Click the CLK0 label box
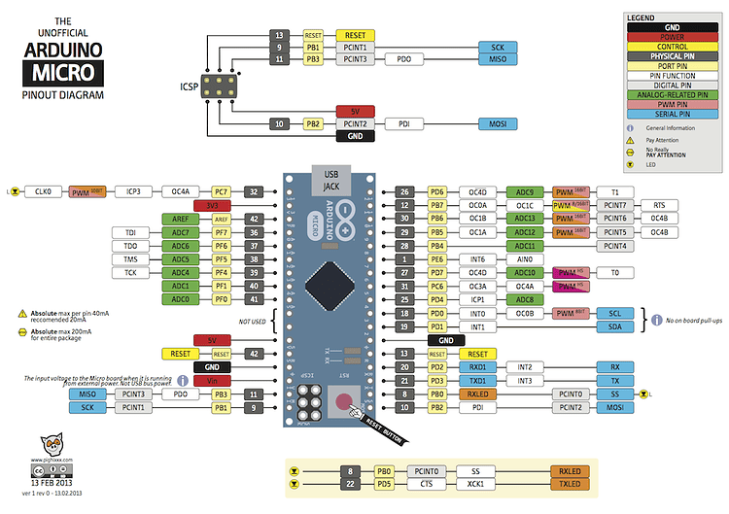pos(42,192)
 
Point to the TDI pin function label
pos(129,233)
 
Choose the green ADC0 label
pos(180,300)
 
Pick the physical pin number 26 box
pos(404,192)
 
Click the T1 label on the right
pos(614,192)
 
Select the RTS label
pos(659,206)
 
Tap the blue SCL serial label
pos(614,314)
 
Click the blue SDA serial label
pos(614,327)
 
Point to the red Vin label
pos(211,381)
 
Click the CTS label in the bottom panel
pos(426,484)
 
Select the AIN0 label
pos(525,259)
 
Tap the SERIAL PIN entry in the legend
pos(673,114)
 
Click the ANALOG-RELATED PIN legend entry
pos(673,94)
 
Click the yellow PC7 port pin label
pos(221,192)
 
